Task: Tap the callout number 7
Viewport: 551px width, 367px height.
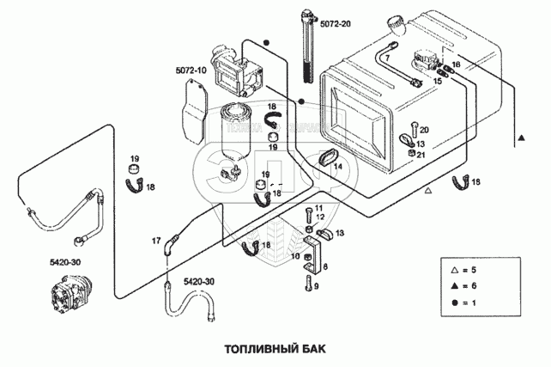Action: point(386,58)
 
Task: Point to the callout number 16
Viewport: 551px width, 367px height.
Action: point(457,65)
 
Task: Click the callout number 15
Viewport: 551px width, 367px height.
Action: point(438,80)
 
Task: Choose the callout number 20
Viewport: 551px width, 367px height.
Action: point(423,130)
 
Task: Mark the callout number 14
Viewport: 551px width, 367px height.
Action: point(339,166)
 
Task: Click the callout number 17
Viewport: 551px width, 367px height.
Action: point(156,241)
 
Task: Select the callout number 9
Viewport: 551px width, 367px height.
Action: point(315,286)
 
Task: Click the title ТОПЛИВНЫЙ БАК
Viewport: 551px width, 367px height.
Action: point(275,350)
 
